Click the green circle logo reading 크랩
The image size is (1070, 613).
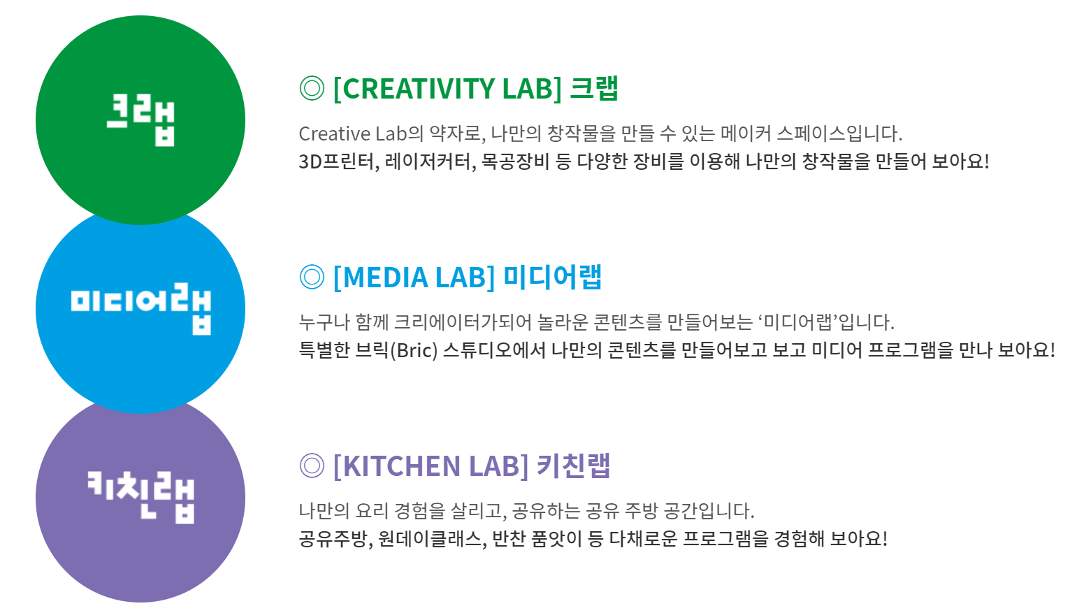tap(140, 120)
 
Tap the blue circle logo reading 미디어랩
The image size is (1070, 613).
tap(140, 309)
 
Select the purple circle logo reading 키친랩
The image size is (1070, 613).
tap(140, 498)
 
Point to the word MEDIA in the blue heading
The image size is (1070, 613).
tap(385, 277)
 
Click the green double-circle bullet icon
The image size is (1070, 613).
tap(312, 88)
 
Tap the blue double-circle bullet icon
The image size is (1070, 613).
tap(312, 277)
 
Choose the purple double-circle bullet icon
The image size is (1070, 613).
tap(312, 466)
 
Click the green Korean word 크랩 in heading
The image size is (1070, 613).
tap(594, 88)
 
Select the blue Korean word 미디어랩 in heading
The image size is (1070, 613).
tap(552, 277)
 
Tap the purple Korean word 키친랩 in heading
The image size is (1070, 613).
tap(573, 466)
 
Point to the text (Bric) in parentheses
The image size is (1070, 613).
tap(414, 350)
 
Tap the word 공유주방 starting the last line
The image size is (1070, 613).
tap(333, 539)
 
